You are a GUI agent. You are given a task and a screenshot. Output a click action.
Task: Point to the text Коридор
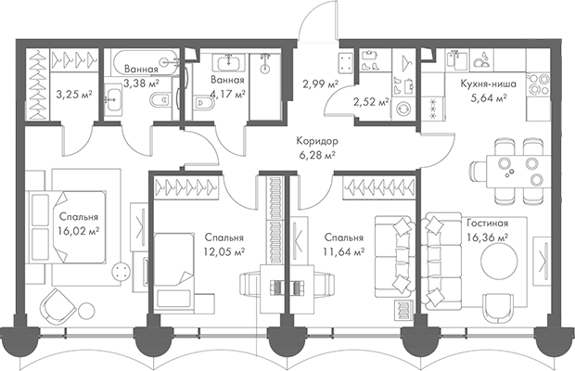pos(316,142)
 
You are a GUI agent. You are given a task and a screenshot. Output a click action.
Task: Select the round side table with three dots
pos(121,271)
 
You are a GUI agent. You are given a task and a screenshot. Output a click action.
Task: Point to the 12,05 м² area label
pos(224,251)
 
